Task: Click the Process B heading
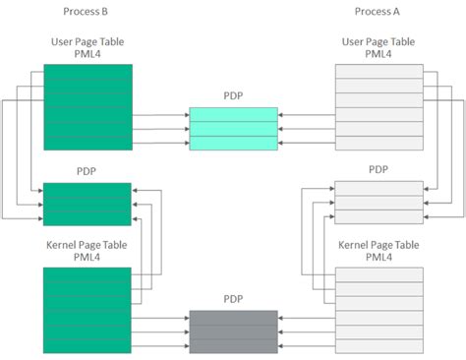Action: pos(87,12)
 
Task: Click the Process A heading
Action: pos(379,12)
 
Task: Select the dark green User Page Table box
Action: pos(87,107)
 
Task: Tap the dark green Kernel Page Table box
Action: pos(87,310)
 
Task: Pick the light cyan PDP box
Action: pos(233,129)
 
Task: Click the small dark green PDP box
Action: pos(87,204)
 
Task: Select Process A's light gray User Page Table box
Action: pos(379,107)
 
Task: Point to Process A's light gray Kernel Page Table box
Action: pos(379,310)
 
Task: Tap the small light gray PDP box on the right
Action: pos(379,204)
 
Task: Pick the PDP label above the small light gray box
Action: pos(379,170)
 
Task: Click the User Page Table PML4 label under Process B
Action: pos(87,49)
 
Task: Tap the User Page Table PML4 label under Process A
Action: pos(379,49)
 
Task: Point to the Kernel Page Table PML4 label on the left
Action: pos(87,250)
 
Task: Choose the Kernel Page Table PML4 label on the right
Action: pos(379,250)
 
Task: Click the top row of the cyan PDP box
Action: pos(233,114)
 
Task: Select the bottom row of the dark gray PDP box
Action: pos(233,347)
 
